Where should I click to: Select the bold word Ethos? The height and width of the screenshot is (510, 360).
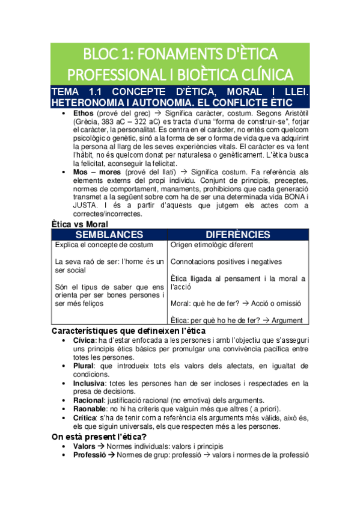[x=83, y=112]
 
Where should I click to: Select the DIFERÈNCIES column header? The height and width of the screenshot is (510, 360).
[x=238, y=235]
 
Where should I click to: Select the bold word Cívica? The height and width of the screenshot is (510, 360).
[x=84, y=340]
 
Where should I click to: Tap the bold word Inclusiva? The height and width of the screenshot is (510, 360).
[x=88, y=382]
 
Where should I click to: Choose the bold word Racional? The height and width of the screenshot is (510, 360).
[x=88, y=400]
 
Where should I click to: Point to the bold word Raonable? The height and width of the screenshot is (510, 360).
[x=90, y=408]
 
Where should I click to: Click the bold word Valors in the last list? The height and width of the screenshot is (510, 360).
[x=84, y=446]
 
